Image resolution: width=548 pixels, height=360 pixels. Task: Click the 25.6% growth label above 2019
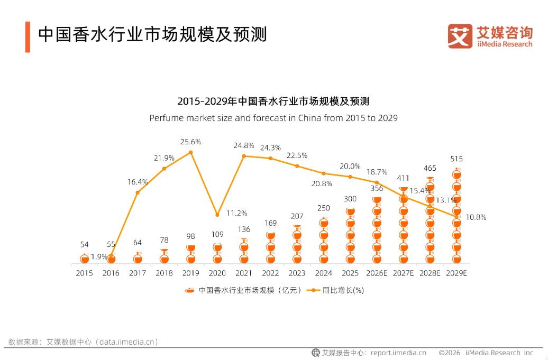[x=190, y=142]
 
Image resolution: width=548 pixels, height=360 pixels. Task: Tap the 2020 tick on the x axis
[x=217, y=273]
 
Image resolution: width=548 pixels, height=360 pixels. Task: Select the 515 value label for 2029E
[x=456, y=159]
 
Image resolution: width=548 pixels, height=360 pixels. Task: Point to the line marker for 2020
[x=217, y=215]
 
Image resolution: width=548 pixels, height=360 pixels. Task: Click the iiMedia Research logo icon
[x=460, y=36]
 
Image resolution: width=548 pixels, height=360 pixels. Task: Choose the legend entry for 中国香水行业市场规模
[x=243, y=290]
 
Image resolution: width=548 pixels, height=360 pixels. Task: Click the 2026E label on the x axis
[x=377, y=273]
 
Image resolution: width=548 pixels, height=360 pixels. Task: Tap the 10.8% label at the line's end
[x=476, y=217]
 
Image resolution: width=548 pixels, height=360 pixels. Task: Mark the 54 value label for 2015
[x=84, y=244]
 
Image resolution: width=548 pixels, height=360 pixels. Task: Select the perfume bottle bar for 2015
[x=84, y=259]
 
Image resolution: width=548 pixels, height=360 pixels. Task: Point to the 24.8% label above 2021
[x=244, y=145]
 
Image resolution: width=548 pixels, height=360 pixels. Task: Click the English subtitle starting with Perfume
[x=273, y=118]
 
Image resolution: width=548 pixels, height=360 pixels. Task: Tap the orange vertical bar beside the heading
[x=28, y=37]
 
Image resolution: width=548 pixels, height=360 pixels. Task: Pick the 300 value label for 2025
[x=350, y=199]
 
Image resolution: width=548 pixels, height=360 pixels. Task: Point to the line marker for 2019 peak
[x=190, y=152]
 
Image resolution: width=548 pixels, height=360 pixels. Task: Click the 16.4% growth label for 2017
[x=138, y=182]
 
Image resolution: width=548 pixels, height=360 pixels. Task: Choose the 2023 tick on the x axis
[x=297, y=273]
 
